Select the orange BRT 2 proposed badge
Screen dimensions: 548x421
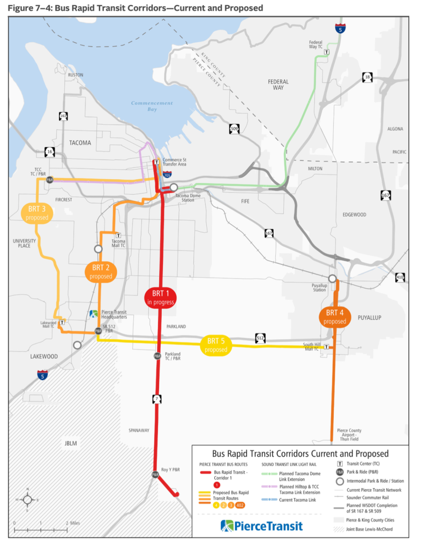click(101, 272)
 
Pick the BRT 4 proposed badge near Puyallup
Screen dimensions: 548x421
click(335, 317)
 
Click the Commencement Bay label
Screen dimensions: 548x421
click(152, 106)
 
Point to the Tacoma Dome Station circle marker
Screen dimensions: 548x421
click(174, 187)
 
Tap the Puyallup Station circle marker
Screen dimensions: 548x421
click(333, 278)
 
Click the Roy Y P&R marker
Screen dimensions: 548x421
click(155, 474)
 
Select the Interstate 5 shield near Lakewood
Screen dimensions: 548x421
click(42, 375)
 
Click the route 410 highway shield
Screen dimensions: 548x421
click(399, 277)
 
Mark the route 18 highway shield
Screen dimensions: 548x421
click(367, 78)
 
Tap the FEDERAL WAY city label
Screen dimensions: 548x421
click(278, 85)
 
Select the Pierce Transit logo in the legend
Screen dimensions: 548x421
click(261, 526)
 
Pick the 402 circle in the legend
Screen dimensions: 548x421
click(240, 505)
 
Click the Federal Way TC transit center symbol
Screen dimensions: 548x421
click(327, 52)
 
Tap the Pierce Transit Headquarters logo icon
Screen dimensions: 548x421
click(93, 314)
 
